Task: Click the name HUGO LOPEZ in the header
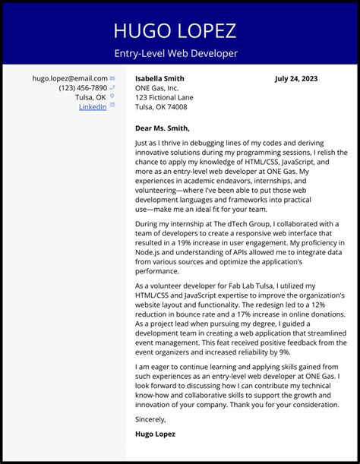175,30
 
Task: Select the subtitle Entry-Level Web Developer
175,53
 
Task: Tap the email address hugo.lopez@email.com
69,78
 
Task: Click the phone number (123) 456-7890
83,88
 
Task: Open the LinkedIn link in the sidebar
93,107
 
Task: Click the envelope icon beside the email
112,78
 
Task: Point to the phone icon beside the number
112,88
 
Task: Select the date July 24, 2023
296,78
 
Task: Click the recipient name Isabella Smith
159,78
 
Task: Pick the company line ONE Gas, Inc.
156,88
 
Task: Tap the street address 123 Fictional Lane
164,97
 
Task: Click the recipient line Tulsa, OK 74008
160,107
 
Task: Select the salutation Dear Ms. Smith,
162,128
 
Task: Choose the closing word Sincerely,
150,418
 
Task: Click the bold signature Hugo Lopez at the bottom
155,434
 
